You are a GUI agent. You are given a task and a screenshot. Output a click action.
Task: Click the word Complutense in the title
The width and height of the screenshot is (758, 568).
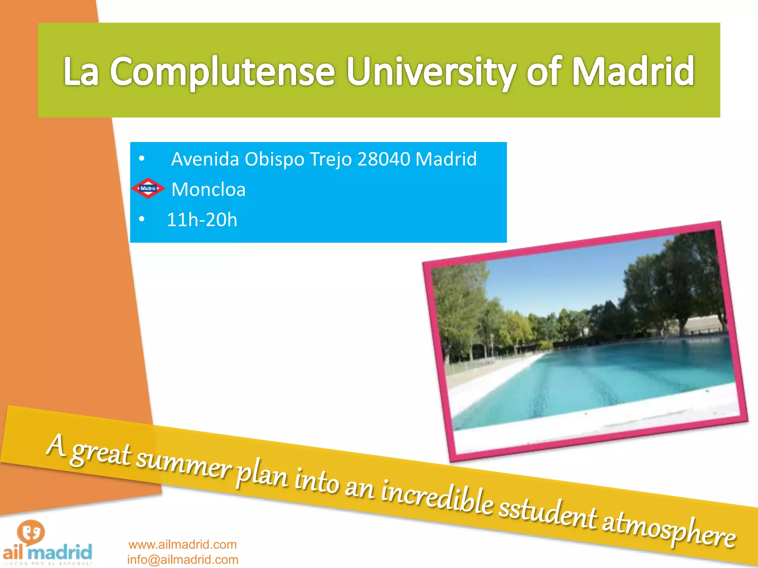222,71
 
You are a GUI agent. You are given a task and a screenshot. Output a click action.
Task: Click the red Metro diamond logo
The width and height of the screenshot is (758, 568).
148,188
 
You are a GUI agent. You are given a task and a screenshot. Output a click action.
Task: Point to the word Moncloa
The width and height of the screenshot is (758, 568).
208,190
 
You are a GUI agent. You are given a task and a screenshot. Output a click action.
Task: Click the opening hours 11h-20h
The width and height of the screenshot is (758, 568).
202,220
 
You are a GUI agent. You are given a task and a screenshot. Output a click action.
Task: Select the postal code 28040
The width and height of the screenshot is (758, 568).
384,159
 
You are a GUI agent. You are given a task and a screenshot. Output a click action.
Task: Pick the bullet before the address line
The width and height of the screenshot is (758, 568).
141,159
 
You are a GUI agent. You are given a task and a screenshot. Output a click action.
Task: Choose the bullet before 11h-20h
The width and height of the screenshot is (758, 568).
141,220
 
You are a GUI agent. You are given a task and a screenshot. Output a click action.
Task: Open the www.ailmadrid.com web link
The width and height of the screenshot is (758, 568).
182,544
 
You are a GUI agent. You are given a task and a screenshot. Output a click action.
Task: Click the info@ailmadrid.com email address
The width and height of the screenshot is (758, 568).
182,559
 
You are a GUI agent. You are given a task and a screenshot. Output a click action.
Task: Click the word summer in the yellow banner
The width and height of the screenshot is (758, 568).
183,464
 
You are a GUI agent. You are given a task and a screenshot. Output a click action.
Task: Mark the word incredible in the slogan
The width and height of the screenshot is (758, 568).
437,496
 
